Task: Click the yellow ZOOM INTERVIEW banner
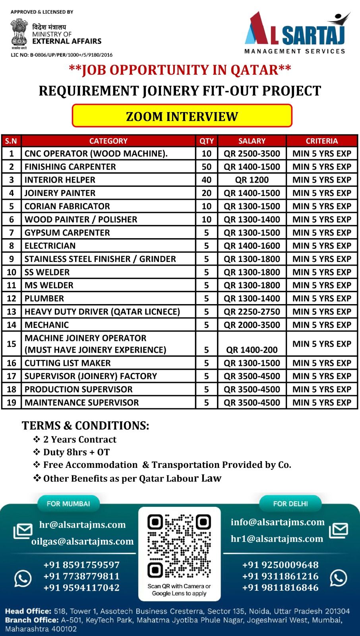tap(182, 116)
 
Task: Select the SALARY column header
tap(252, 141)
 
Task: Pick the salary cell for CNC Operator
tap(252, 153)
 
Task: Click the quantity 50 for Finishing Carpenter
tap(206, 167)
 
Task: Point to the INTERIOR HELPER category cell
tap(60, 180)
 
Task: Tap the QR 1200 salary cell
tap(252, 180)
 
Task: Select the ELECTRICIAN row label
tap(50, 246)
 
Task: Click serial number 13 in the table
tap(12, 312)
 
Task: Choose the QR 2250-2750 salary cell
tap(252, 312)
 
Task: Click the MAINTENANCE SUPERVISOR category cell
tap(82, 402)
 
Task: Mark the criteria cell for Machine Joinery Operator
tap(321, 344)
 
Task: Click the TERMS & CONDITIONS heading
tap(85, 425)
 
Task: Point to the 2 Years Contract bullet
tap(79, 439)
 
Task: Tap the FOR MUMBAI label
tap(68, 504)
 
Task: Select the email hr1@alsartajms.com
tap(277, 539)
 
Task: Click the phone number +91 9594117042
tap(81, 588)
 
